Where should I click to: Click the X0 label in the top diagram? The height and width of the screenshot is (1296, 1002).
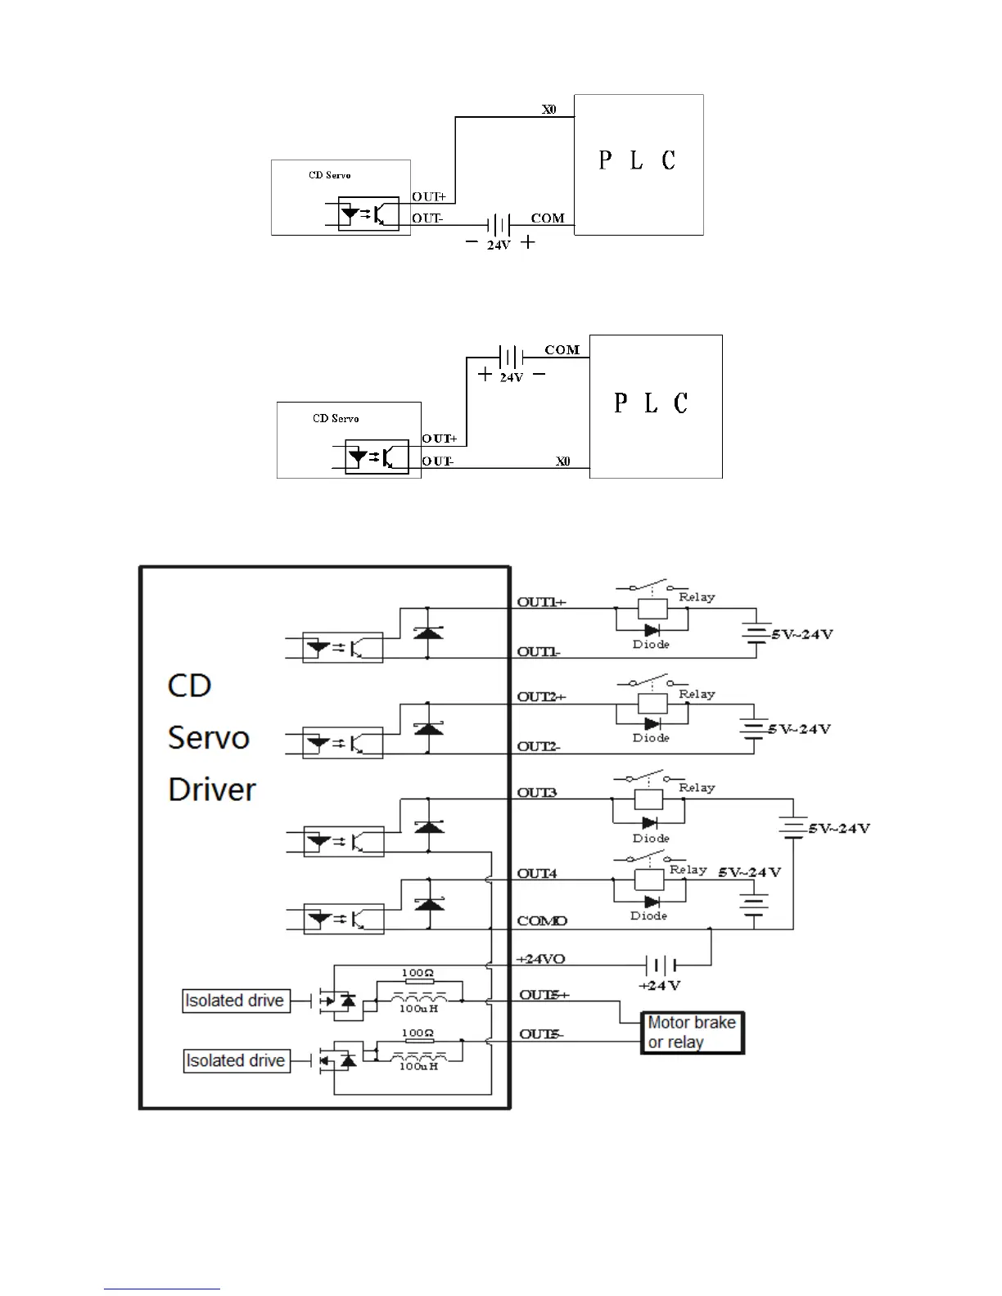(x=548, y=109)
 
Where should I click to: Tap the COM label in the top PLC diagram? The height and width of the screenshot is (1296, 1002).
(x=548, y=218)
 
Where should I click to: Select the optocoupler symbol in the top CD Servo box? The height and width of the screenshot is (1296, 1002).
(x=368, y=214)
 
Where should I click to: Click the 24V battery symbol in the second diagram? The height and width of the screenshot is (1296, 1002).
(x=510, y=358)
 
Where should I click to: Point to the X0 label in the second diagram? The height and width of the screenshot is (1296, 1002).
(x=563, y=461)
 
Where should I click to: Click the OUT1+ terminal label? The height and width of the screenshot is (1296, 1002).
(x=541, y=602)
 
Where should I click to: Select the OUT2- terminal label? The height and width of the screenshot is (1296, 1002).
(x=539, y=746)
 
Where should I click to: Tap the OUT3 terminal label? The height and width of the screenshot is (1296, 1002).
(x=537, y=793)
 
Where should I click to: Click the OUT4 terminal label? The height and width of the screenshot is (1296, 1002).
(x=537, y=874)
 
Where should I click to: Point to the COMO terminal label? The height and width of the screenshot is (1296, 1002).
(x=542, y=921)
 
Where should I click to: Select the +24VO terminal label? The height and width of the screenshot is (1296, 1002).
(x=540, y=959)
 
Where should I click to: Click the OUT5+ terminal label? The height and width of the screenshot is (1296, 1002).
(x=544, y=995)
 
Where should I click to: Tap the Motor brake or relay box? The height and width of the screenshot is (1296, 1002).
(x=692, y=1033)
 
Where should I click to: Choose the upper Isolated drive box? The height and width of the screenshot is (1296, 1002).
(x=235, y=1001)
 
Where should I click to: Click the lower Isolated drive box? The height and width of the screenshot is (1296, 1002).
(x=236, y=1060)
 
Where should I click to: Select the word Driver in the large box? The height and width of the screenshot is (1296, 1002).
(x=212, y=790)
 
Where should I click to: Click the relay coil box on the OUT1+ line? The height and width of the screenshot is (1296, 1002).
(x=652, y=609)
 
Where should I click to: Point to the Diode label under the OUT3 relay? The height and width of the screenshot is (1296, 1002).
(x=651, y=839)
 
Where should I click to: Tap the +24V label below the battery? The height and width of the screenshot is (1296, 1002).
(x=660, y=986)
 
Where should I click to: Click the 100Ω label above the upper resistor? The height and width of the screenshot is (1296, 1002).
(x=417, y=974)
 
